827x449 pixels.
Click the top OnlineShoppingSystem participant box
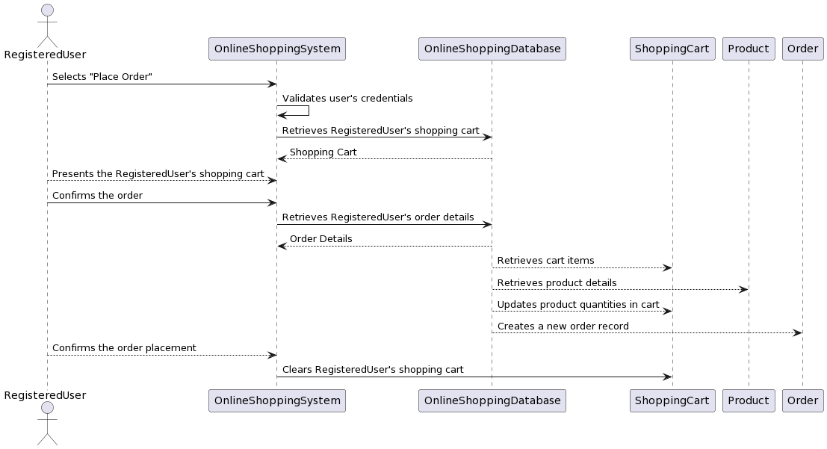coord(277,49)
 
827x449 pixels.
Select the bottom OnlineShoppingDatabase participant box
coord(492,400)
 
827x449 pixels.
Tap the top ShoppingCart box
coord(672,49)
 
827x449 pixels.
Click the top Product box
coord(748,49)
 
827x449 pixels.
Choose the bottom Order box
coord(802,400)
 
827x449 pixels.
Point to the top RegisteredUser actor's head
coord(47,10)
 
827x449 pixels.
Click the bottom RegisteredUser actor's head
coord(47,408)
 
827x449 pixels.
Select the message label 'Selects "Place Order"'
coord(102,77)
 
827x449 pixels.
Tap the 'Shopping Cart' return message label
coord(323,152)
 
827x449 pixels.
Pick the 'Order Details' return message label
coord(320,238)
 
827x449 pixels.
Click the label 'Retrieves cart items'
coord(545,260)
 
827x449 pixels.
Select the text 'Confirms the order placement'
coord(124,347)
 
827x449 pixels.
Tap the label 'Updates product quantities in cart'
coord(577,304)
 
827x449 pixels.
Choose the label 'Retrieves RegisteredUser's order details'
coord(377,217)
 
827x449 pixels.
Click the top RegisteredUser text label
coord(45,55)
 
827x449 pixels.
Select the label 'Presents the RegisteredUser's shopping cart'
coord(158,173)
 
